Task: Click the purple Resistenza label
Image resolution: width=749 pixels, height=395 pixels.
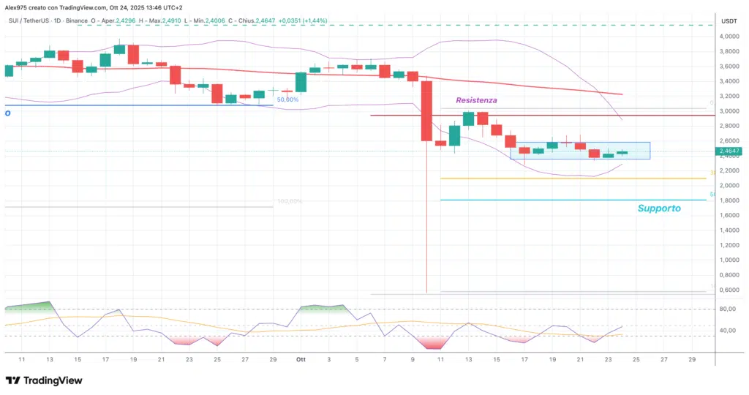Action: pos(476,99)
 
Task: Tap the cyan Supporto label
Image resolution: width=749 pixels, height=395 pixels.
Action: pos(658,208)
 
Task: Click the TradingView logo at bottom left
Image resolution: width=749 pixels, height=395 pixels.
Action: pos(43,380)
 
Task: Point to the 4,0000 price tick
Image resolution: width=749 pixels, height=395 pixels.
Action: pos(729,37)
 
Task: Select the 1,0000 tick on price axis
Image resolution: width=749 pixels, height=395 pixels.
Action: pos(729,260)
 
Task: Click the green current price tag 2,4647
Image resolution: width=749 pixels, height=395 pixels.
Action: pos(731,151)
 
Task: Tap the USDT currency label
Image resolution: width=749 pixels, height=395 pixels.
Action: pos(729,22)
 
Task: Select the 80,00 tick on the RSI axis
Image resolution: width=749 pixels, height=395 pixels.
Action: pos(727,309)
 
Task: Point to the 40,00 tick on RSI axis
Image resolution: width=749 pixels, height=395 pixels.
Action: pos(727,331)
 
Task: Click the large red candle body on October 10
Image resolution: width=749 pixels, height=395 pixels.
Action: pos(426,110)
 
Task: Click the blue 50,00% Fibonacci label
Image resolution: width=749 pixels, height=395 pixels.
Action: pos(287,99)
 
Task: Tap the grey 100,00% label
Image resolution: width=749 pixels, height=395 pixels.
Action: pos(289,201)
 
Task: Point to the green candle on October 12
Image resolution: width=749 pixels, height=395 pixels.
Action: pos(454,135)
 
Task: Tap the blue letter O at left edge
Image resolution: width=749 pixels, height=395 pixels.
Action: pos(7,113)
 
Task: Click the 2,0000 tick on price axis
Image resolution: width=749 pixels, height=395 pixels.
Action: pos(729,186)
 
